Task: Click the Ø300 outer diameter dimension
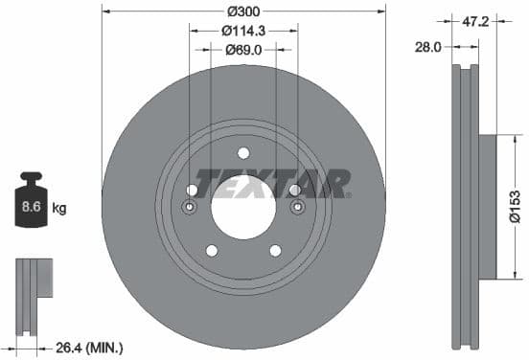point(243,11)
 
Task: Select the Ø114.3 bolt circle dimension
point(242,31)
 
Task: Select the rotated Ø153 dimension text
point(515,206)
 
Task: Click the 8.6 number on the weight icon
point(31,206)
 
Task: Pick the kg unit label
point(59,207)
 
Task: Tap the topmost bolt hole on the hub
point(242,152)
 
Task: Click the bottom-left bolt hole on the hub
point(211,251)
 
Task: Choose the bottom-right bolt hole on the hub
point(275,251)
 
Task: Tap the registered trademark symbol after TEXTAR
point(348,194)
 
